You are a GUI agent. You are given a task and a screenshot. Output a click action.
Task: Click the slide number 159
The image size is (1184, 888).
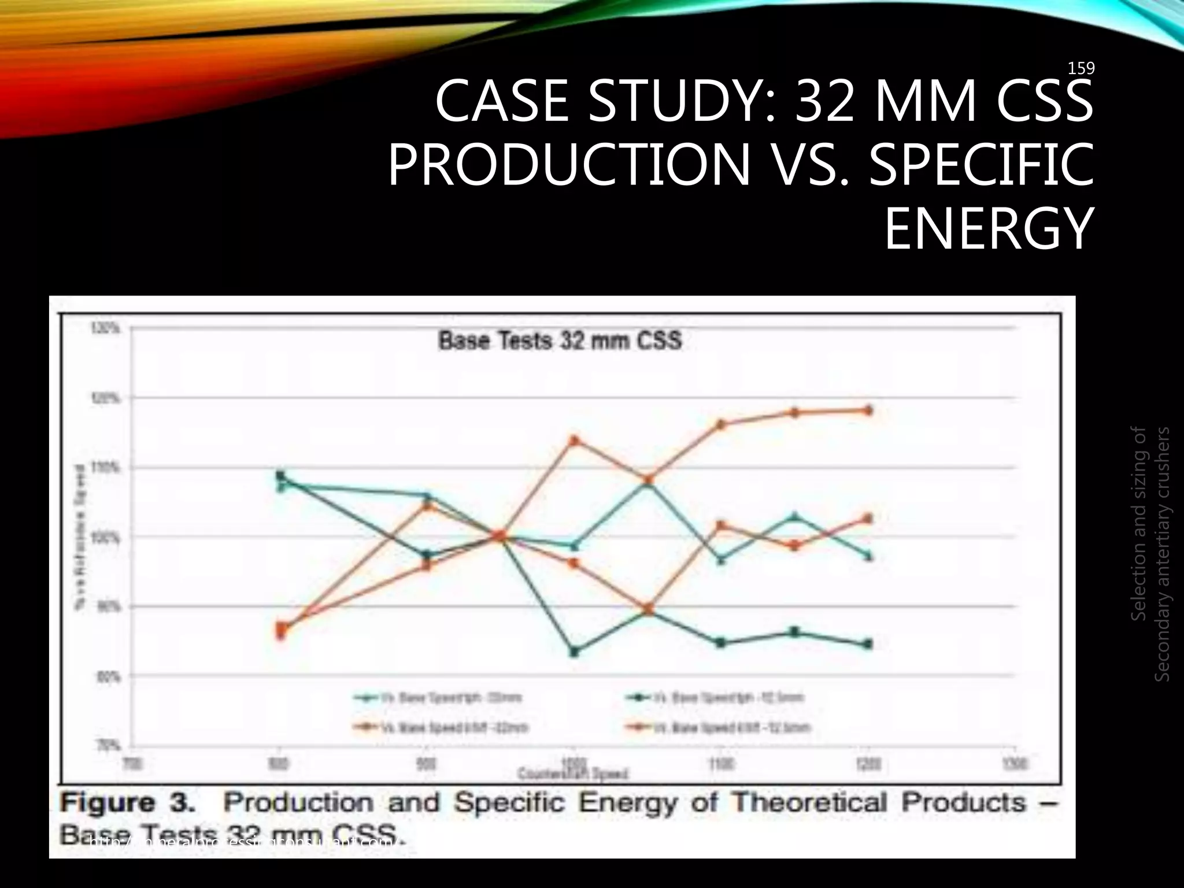[x=1081, y=69]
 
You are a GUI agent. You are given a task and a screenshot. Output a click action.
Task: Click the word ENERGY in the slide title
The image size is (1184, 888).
[x=989, y=230]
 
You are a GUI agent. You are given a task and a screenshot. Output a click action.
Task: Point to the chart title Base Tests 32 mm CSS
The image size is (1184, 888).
[x=560, y=341]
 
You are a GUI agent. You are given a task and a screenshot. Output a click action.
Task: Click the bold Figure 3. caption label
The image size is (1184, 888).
[x=134, y=803]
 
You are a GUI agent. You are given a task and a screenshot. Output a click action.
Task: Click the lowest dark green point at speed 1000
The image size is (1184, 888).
[x=574, y=652]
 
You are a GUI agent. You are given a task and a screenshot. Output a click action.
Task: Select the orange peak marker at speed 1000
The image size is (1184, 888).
[x=574, y=441]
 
